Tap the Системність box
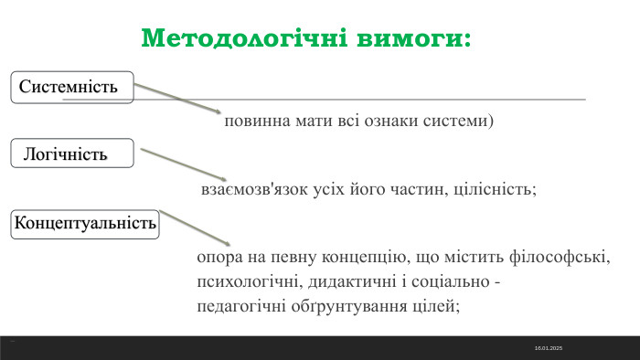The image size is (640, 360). [x=72, y=88]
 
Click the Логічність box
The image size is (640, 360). [x=71, y=154]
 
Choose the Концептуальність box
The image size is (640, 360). [x=85, y=223]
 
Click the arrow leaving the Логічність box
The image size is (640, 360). [x=183, y=165]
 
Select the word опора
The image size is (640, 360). [x=218, y=259]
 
